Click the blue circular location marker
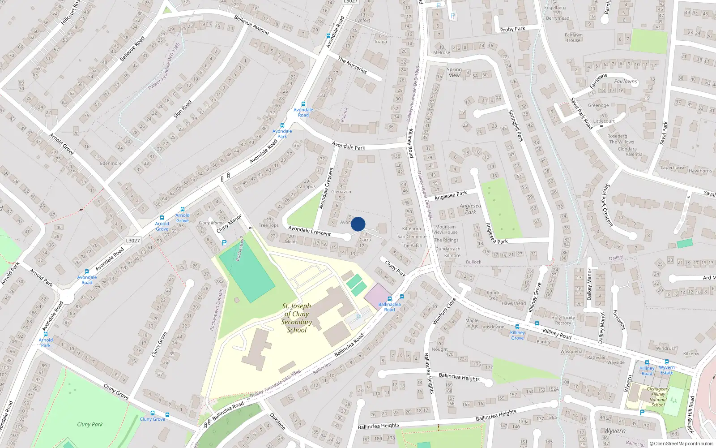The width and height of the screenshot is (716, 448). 358,224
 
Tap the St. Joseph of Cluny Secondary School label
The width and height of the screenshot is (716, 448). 296,318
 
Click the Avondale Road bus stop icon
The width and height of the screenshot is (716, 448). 303,104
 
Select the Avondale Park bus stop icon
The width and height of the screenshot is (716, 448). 282,126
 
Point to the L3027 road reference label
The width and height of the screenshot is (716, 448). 132,241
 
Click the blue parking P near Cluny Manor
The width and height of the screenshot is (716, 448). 224,243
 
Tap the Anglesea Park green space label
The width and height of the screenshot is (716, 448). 470,209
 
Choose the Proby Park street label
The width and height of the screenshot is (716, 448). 512,29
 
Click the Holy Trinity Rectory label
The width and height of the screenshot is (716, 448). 563,320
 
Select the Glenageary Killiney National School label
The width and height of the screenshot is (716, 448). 658,397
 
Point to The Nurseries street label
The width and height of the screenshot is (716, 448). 352,65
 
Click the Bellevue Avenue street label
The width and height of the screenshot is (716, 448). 251,25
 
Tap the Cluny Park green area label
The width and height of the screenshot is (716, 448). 89,424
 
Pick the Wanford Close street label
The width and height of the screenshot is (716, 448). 444,310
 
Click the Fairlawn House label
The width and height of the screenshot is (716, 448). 573,38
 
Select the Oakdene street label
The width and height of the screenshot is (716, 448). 277,421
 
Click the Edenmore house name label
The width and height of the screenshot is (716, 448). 111,164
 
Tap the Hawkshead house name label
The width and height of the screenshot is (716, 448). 514,303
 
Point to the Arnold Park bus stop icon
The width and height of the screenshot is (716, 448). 46,334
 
